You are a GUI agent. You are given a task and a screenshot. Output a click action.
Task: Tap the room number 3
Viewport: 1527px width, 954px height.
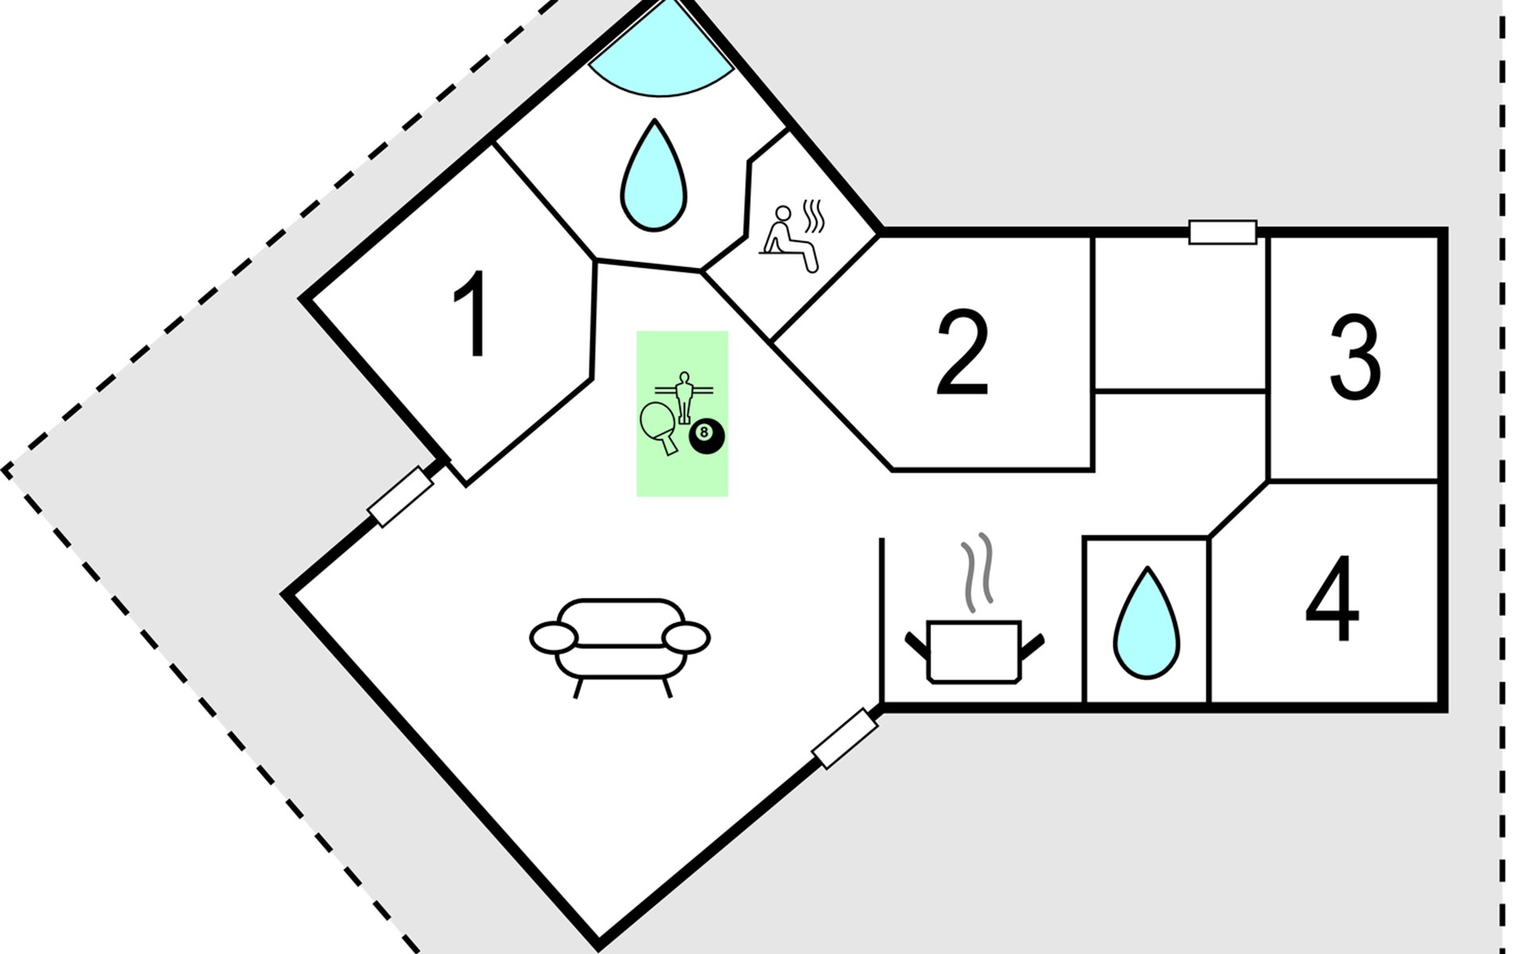pos(1354,357)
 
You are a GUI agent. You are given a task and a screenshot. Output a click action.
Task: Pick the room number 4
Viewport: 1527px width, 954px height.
pos(1332,599)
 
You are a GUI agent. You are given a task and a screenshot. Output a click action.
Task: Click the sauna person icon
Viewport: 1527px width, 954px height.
pos(787,238)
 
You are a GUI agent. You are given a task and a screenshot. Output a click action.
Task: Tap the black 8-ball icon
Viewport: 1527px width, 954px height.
pos(706,436)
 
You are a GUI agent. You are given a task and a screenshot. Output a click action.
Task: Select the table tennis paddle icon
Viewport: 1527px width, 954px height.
pos(659,425)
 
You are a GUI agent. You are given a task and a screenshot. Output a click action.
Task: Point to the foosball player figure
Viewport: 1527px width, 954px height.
pos(683,396)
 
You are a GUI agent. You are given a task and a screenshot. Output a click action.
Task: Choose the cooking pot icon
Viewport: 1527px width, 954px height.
pos(974,650)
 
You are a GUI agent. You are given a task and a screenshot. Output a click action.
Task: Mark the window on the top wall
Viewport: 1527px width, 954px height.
pos(1222,232)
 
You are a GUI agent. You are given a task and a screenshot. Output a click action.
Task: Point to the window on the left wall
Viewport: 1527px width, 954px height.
pos(400,497)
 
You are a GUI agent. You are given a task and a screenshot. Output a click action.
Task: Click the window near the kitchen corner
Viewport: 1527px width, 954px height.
pos(845,739)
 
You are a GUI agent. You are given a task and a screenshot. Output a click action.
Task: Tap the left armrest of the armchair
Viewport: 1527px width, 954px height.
pos(554,638)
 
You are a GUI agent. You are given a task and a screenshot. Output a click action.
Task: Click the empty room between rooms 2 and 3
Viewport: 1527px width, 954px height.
pos(1181,314)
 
